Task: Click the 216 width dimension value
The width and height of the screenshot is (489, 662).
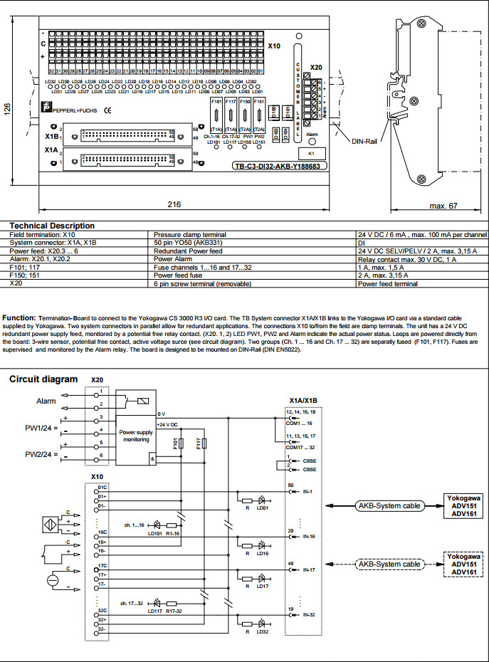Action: (174, 204)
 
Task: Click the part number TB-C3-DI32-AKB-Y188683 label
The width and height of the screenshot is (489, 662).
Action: (276, 167)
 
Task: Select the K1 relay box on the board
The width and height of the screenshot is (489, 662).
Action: (311, 153)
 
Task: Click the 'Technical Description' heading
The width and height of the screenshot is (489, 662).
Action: (51, 226)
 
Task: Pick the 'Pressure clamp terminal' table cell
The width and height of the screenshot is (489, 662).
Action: (189, 234)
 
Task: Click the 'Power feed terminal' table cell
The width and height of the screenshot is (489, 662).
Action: (388, 283)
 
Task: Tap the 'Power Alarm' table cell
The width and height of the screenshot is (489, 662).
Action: (172, 260)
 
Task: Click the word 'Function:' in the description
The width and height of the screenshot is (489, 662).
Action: (19, 317)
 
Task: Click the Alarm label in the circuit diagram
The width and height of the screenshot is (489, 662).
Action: (46, 401)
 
